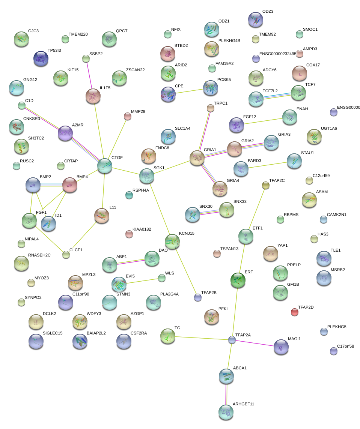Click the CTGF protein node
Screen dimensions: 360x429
105,166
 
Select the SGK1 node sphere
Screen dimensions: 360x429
146,176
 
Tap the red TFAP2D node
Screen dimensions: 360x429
295,312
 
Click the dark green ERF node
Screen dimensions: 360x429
238,280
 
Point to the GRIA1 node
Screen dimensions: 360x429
197,158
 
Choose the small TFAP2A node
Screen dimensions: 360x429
232,340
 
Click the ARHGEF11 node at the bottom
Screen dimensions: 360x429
226,412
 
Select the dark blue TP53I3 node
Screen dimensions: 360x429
41,58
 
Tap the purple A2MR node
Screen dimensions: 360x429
65,133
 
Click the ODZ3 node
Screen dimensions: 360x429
256,20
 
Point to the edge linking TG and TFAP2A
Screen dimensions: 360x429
202,338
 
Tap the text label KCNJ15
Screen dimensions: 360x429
187,233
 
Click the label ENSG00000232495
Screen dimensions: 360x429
278,54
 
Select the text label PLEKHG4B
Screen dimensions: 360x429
229,40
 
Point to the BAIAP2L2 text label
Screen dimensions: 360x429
96,333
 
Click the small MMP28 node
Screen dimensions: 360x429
127,116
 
